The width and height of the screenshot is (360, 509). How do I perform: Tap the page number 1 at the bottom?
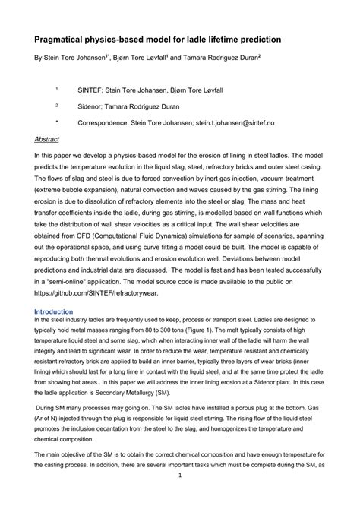[x=180, y=498]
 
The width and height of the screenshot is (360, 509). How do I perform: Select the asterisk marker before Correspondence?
[x=56, y=120]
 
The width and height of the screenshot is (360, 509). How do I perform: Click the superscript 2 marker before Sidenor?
[x=56, y=104]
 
